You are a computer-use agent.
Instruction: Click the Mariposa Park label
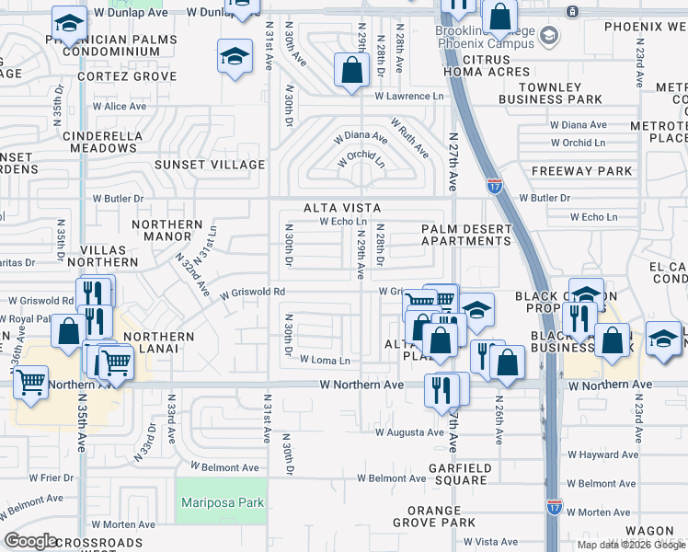pyautogui.click(x=223, y=502)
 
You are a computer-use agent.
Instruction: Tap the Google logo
pyautogui.click(x=30, y=541)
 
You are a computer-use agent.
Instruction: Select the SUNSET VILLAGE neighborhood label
pyautogui.click(x=209, y=165)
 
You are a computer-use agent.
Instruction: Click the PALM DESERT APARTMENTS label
pyautogui.click(x=465, y=235)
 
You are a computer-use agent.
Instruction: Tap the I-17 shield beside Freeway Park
pyautogui.click(x=494, y=185)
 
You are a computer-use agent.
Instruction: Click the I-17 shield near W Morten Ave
pyautogui.click(x=553, y=506)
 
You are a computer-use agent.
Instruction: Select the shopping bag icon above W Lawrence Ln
pyautogui.click(x=351, y=69)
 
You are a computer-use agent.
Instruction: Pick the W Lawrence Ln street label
pyautogui.click(x=408, y=96)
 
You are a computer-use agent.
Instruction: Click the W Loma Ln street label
pyautogui.click(x=325, y=361)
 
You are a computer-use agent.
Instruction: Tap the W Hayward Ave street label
pyautogui.click(x=601, y=454)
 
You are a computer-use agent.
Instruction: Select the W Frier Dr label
pyautogui.click(x=51, y=477)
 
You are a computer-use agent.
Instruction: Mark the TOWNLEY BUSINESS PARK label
pyautogui.click(x=550, y=92)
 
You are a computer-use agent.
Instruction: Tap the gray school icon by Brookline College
pyautogui.click(x=549, y=36)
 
